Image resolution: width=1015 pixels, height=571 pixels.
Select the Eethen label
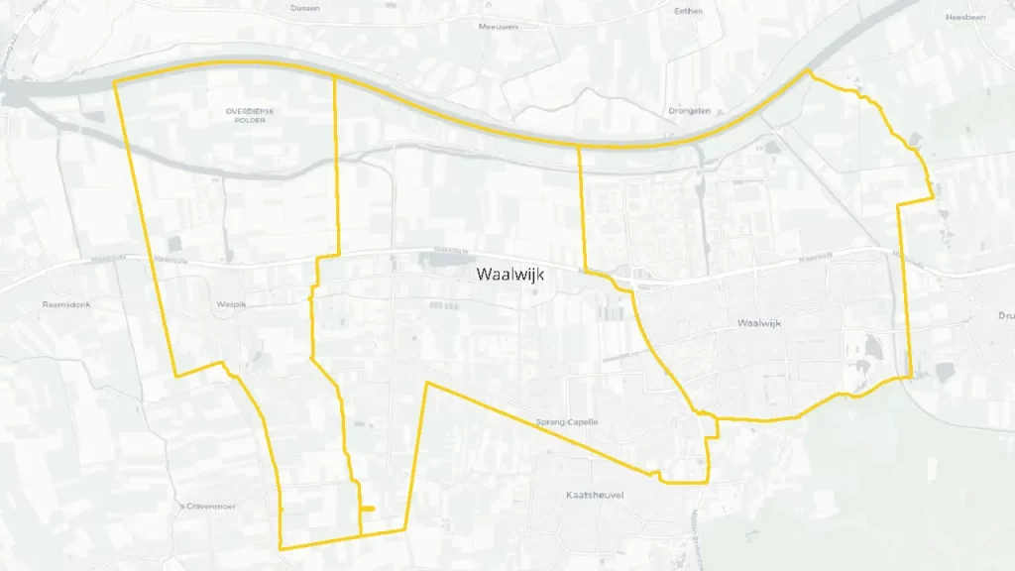(x=688, y=11)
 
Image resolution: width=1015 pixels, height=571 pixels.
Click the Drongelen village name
(x=690, y=111)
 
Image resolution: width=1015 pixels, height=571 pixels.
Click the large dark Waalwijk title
(x=510, y=275)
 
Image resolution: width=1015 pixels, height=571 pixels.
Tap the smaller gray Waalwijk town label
(x=761, y=324)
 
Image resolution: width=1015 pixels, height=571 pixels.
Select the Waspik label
(x=230, y=305)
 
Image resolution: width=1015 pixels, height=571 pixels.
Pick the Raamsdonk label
(x=66, y=304)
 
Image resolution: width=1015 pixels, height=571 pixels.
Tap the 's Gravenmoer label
(x=208, y=506)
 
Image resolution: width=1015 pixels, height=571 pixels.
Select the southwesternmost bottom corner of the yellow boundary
(x=282, y=548)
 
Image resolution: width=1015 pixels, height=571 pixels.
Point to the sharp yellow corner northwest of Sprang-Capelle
(x=427, y=383)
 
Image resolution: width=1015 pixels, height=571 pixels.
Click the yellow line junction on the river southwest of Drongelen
(x=579, y=147)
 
